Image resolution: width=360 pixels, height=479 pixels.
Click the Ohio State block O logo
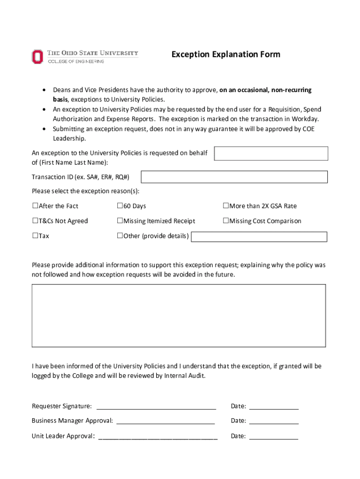click(37, 57)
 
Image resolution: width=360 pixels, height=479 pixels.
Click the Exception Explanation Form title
click(226, 54)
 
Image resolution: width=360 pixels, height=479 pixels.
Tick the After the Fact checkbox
click(35, 206)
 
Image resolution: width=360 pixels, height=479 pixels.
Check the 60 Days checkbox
click(120, 206)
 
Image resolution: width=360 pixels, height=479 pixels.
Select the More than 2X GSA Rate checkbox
click(226, 206)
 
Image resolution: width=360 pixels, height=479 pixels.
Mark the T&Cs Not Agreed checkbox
click(35, 221)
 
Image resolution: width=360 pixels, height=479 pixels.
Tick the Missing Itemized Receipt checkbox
click(120, 221)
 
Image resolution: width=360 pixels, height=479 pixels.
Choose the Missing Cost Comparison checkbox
click(226, 221)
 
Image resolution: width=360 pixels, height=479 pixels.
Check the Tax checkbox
click(35, 236)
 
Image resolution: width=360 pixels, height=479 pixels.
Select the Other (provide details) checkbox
click(120, 236)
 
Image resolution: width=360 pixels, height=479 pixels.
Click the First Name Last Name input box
click(271, 153)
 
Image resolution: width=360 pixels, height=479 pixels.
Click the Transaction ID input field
click(234, 177)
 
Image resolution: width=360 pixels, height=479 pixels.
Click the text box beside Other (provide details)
click(259, 237)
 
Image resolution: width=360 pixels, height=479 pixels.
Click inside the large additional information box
click(179, 315)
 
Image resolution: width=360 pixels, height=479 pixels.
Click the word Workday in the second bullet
click(304, 119)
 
